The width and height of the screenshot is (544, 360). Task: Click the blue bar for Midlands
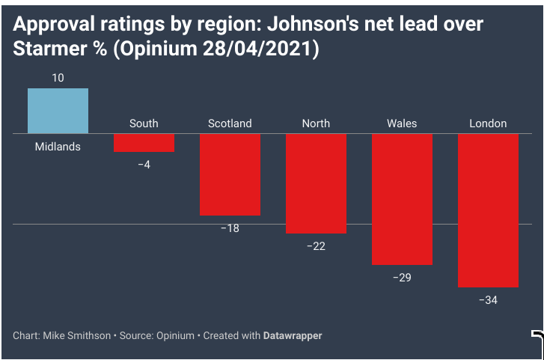point(58,111)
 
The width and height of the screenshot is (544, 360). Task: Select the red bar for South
point(144,143)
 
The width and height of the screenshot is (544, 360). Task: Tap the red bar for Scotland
point(230,174)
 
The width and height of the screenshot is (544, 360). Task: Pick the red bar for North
point(316,183)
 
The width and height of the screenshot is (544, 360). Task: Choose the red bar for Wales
point(402,199)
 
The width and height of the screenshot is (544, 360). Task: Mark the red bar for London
point(488,210)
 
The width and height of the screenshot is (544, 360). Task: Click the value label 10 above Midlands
point(58,78)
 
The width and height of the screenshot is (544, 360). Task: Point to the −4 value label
point(144,164)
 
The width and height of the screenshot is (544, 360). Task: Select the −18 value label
point(230,228)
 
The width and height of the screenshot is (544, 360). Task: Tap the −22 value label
point(316,245)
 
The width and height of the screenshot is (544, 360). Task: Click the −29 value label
point(402,277)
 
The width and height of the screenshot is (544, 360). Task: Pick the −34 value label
point(488,299)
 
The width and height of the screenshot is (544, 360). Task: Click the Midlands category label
point(58,147)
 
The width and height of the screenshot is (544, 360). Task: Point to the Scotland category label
point(230,123)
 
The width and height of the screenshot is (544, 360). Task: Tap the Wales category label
point(402,123)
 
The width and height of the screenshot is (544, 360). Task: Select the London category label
point(488,123)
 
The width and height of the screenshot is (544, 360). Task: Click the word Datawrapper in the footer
point(293,336)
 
